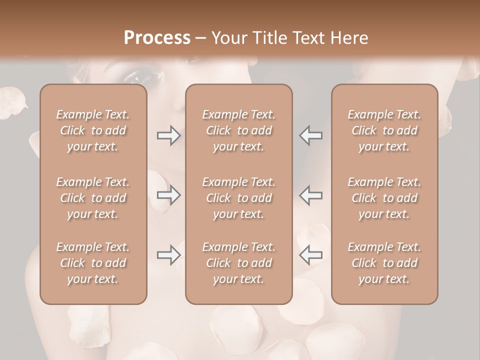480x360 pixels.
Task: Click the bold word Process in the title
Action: tap(157, 38)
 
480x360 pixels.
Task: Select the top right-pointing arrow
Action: tap(168, 135)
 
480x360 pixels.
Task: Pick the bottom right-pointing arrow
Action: tap(168, 255)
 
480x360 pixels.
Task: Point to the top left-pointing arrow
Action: tap(311, 135)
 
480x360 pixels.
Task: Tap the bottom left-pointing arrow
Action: tap(311, 255)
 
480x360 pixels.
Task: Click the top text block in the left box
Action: tap(93, 130)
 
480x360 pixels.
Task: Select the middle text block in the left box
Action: tap(93, 198)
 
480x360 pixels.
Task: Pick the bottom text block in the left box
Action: tap(93, 263)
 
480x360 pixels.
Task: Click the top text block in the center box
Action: tap(239, 130)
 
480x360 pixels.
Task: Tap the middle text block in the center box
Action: tap(239, 198)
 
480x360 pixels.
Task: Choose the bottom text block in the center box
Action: tap(239, 263)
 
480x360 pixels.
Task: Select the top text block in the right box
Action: tap(384, 130)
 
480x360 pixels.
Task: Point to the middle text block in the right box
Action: tap(384, 198)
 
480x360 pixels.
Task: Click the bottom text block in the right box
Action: tap(384, 263)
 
